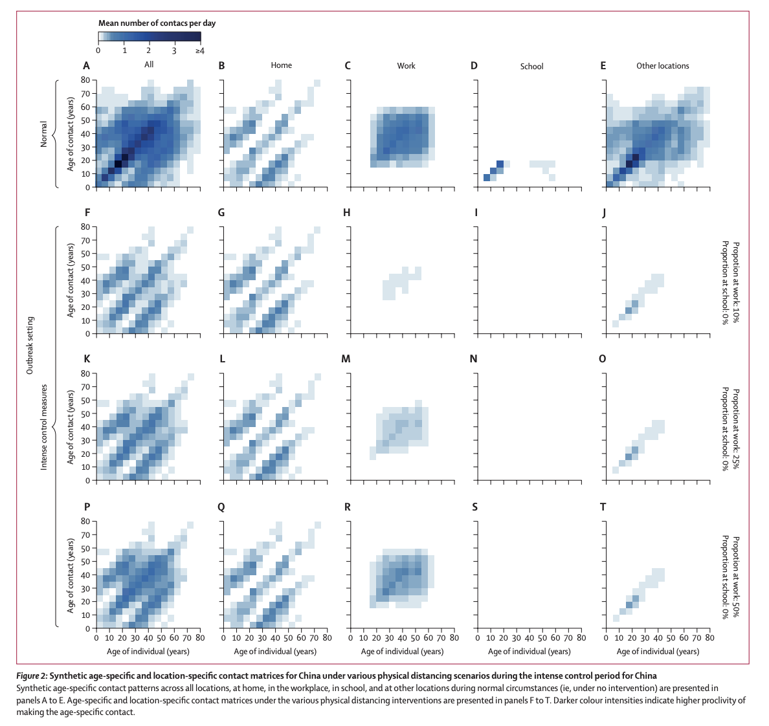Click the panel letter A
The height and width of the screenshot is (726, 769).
[86, 65]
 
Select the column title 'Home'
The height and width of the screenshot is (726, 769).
[281, 65]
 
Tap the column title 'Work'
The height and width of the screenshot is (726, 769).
[406, 66]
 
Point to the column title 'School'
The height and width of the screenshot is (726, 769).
[531, 66]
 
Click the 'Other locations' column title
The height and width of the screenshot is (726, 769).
[662, 66]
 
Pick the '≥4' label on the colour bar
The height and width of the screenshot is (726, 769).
[199, 50]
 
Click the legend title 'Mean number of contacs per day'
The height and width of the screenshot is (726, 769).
[157, 23]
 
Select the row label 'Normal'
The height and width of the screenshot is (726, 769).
[44, 134]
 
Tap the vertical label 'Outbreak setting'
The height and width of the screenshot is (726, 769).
[30, 346]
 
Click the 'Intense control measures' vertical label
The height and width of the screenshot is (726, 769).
[44, 427]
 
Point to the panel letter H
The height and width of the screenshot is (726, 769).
[347, 212]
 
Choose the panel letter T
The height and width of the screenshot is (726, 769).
[603, 507]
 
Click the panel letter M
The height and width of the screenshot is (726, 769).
[346, 358]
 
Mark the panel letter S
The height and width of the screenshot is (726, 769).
[474, 507]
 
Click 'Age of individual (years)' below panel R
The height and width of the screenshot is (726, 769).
[402, 651]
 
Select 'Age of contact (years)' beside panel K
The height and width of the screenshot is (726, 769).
[71, 427]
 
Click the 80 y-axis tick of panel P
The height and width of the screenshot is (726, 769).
[84, 521]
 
